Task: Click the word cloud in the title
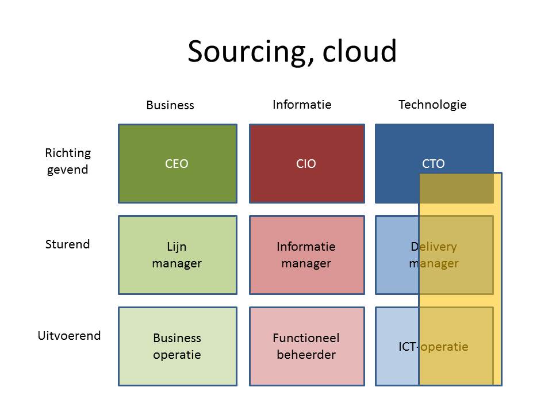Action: pos(359,51)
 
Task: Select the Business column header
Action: pos(170,105)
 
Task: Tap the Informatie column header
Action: pos(302,105)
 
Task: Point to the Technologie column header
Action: pos(432,105)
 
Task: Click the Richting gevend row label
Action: pos(68,161)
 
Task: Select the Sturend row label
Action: pos(68,244)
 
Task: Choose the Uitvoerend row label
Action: pos(69,335)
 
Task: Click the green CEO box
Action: pos(178,164)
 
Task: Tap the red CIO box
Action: pos(307,164)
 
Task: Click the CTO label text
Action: pos(434,164)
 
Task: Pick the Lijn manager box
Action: pos(178,255)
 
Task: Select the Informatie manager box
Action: pos(307,255)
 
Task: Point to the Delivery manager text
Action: pos(434,255)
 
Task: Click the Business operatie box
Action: pos(178,346)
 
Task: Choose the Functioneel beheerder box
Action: pos(307,346)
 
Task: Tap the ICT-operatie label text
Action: pos(434,347)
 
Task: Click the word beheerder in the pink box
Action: pos(306,355)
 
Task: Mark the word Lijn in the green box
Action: pos(177,247)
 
